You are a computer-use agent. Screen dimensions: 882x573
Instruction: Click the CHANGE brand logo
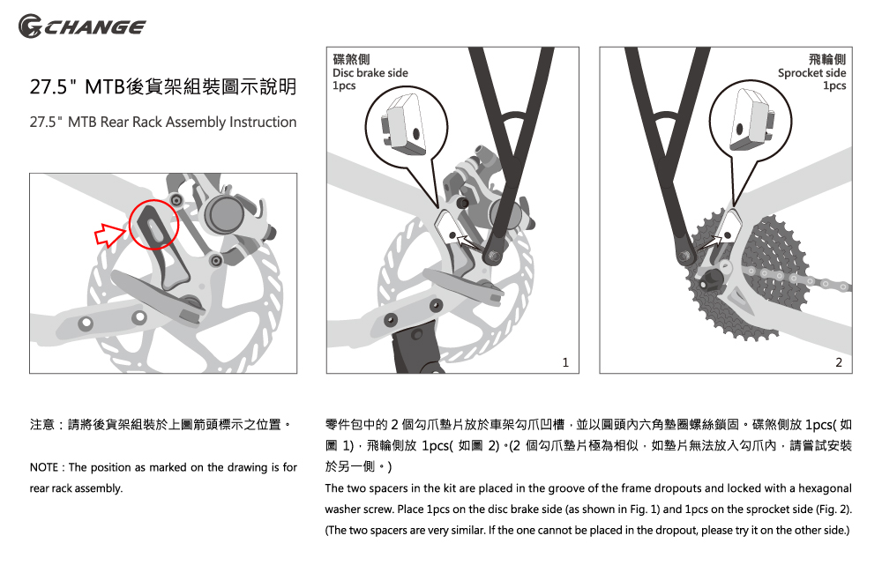click(x=81, y=26)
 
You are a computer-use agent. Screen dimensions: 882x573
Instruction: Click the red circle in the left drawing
click(x=153, y=200)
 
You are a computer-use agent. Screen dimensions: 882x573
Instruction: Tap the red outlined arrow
click(x=109, y=234)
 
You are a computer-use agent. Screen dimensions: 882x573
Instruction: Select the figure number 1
click(x=565, y=362)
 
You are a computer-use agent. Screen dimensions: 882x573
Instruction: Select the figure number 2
click(x=839, y=362)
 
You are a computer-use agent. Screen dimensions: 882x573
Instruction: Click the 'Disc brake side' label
click(x=370, y=72)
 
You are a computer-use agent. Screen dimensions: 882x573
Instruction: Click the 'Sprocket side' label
click(x=811, y=72)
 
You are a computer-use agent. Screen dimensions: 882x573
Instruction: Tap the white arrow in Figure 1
click(x=469, y=244)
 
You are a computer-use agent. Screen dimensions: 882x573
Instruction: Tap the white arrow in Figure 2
click(x=710, y=243)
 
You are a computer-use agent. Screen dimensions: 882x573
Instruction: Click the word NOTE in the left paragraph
click(x=44, y=467)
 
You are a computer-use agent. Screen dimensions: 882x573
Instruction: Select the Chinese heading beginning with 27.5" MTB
click(x=163, y=86)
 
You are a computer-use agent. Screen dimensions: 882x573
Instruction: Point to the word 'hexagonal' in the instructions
click(x=826, y=488)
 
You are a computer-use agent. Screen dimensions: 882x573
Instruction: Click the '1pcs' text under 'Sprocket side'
click(x=834, y=86)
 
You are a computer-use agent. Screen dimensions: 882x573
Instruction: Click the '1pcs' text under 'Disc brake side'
click(x=344, y=86)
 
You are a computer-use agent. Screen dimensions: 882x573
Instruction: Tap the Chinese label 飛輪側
click(x=827, y=59)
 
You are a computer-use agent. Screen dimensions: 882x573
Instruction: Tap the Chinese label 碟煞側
click(x=351, y=59)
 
